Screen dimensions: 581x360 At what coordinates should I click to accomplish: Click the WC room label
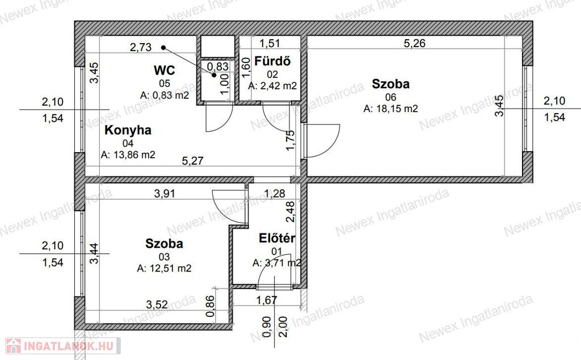[x=164, y=70]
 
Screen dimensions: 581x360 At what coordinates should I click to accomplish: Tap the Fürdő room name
[x=272, y=61]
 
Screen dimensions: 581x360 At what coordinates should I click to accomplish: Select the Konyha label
[x=128, y=130]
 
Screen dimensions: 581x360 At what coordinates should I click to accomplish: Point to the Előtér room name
[x=277, y=238]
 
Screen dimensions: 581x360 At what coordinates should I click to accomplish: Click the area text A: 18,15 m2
[x=390, y=108]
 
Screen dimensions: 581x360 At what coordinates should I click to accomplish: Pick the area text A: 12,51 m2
[x=164, y=268]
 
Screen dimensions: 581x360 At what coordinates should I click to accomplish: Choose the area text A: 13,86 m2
[x=128, y=154]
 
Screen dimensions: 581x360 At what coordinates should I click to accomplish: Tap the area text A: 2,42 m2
[x=272, y=86]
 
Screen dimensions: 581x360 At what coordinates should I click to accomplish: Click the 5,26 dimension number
[x=414, y=43]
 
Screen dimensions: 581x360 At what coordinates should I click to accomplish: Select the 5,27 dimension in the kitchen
[x=193, y=161]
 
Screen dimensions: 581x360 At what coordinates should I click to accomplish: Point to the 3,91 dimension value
[x=165, y=193]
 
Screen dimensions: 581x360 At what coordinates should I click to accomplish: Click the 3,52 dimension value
[x=157, y=305]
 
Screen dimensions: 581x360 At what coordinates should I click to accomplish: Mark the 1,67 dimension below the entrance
[x=267, y=300]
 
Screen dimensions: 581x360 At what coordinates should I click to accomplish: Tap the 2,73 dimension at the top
[x=141, y=47]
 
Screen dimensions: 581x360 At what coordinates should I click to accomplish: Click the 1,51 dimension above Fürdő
[x=270, y=43]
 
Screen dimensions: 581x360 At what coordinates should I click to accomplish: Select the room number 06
[x=390, y=97]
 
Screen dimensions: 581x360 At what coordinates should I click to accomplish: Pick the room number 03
[x=164, y=257]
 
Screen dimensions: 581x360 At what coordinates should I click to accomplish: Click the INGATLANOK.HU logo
[x=63, y=346]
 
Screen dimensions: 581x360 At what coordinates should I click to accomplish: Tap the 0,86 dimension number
[x=210, y=306]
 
